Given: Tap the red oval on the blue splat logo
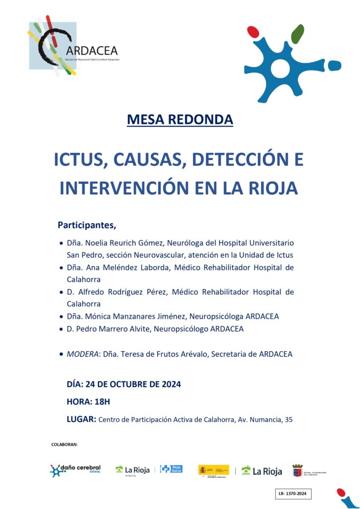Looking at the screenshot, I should pos(253,32).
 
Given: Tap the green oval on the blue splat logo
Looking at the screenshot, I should pos(297,34).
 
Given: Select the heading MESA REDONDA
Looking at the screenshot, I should pos(180,120).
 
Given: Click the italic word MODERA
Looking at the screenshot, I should pos(82,354).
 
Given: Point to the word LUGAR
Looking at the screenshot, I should pos(81,419).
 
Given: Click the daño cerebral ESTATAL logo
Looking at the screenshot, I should pos(75,470).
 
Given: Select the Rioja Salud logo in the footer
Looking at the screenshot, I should pos(171,469).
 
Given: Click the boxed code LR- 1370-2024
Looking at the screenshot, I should pos(293,494).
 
